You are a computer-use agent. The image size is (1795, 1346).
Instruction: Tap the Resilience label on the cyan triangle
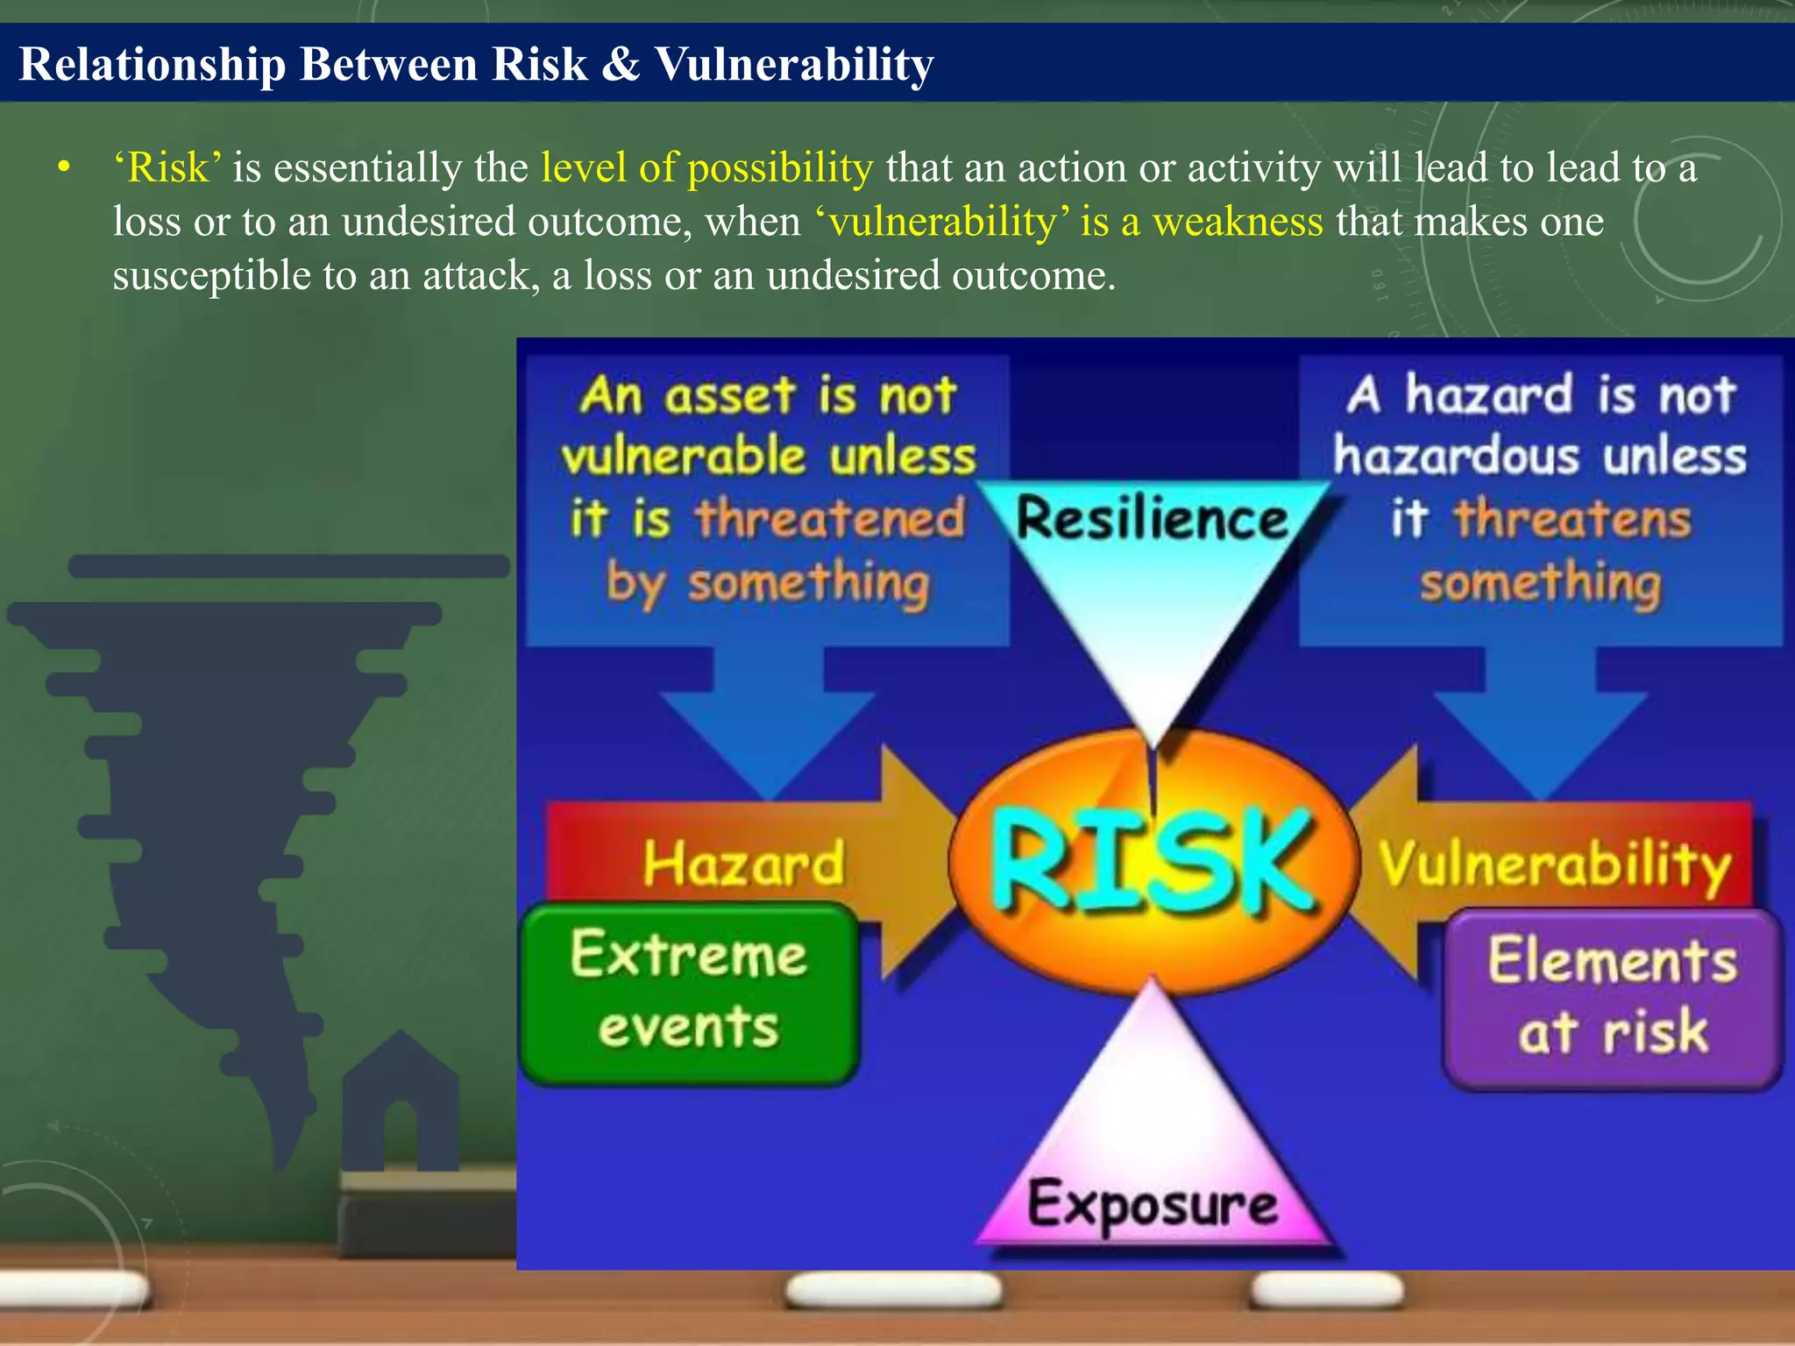(x=1152, y=519)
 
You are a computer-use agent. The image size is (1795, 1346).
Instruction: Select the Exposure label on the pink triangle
(x=1152, y=1206)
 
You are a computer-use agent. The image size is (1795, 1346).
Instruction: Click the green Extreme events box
(x=689, y=993)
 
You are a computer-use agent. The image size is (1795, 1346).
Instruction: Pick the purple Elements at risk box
(x=1613, y=998)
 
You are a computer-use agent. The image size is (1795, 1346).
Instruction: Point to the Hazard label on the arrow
(x=743, y=864)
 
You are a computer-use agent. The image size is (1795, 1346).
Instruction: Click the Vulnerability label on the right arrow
(x=1554, y=865)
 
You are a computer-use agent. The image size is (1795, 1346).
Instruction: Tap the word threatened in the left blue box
(x=830, y=519)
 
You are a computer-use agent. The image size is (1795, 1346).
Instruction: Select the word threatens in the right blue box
(x=1572, y=519)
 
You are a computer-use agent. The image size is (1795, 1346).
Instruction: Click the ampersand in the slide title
(x=621, y=65)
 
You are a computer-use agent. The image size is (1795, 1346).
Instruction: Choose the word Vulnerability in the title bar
(x=794, y=65)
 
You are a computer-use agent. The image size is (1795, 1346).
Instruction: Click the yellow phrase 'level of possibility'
(x=706, y=167)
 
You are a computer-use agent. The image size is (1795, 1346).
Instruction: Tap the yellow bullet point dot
(x=62, y=167)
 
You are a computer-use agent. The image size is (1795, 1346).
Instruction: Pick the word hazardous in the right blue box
(x=1456, y=457)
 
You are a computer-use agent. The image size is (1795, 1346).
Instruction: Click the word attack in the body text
(x=477, y=276)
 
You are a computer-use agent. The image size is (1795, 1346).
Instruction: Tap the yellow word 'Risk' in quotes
(x=167, y=167)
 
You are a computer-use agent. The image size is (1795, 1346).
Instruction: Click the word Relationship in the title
(x=153, y=65)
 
